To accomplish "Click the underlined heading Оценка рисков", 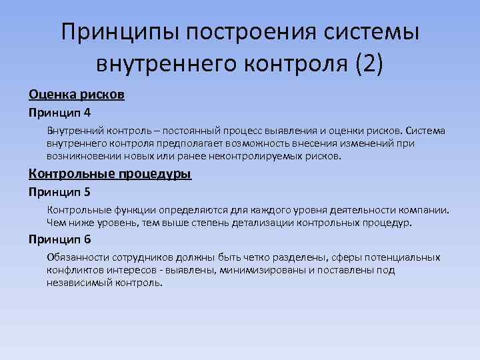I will pos(76,95).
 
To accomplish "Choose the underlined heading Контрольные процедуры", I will pos(109,175).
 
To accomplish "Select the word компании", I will pos(424,210).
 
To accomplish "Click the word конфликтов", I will pos(71,271).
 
